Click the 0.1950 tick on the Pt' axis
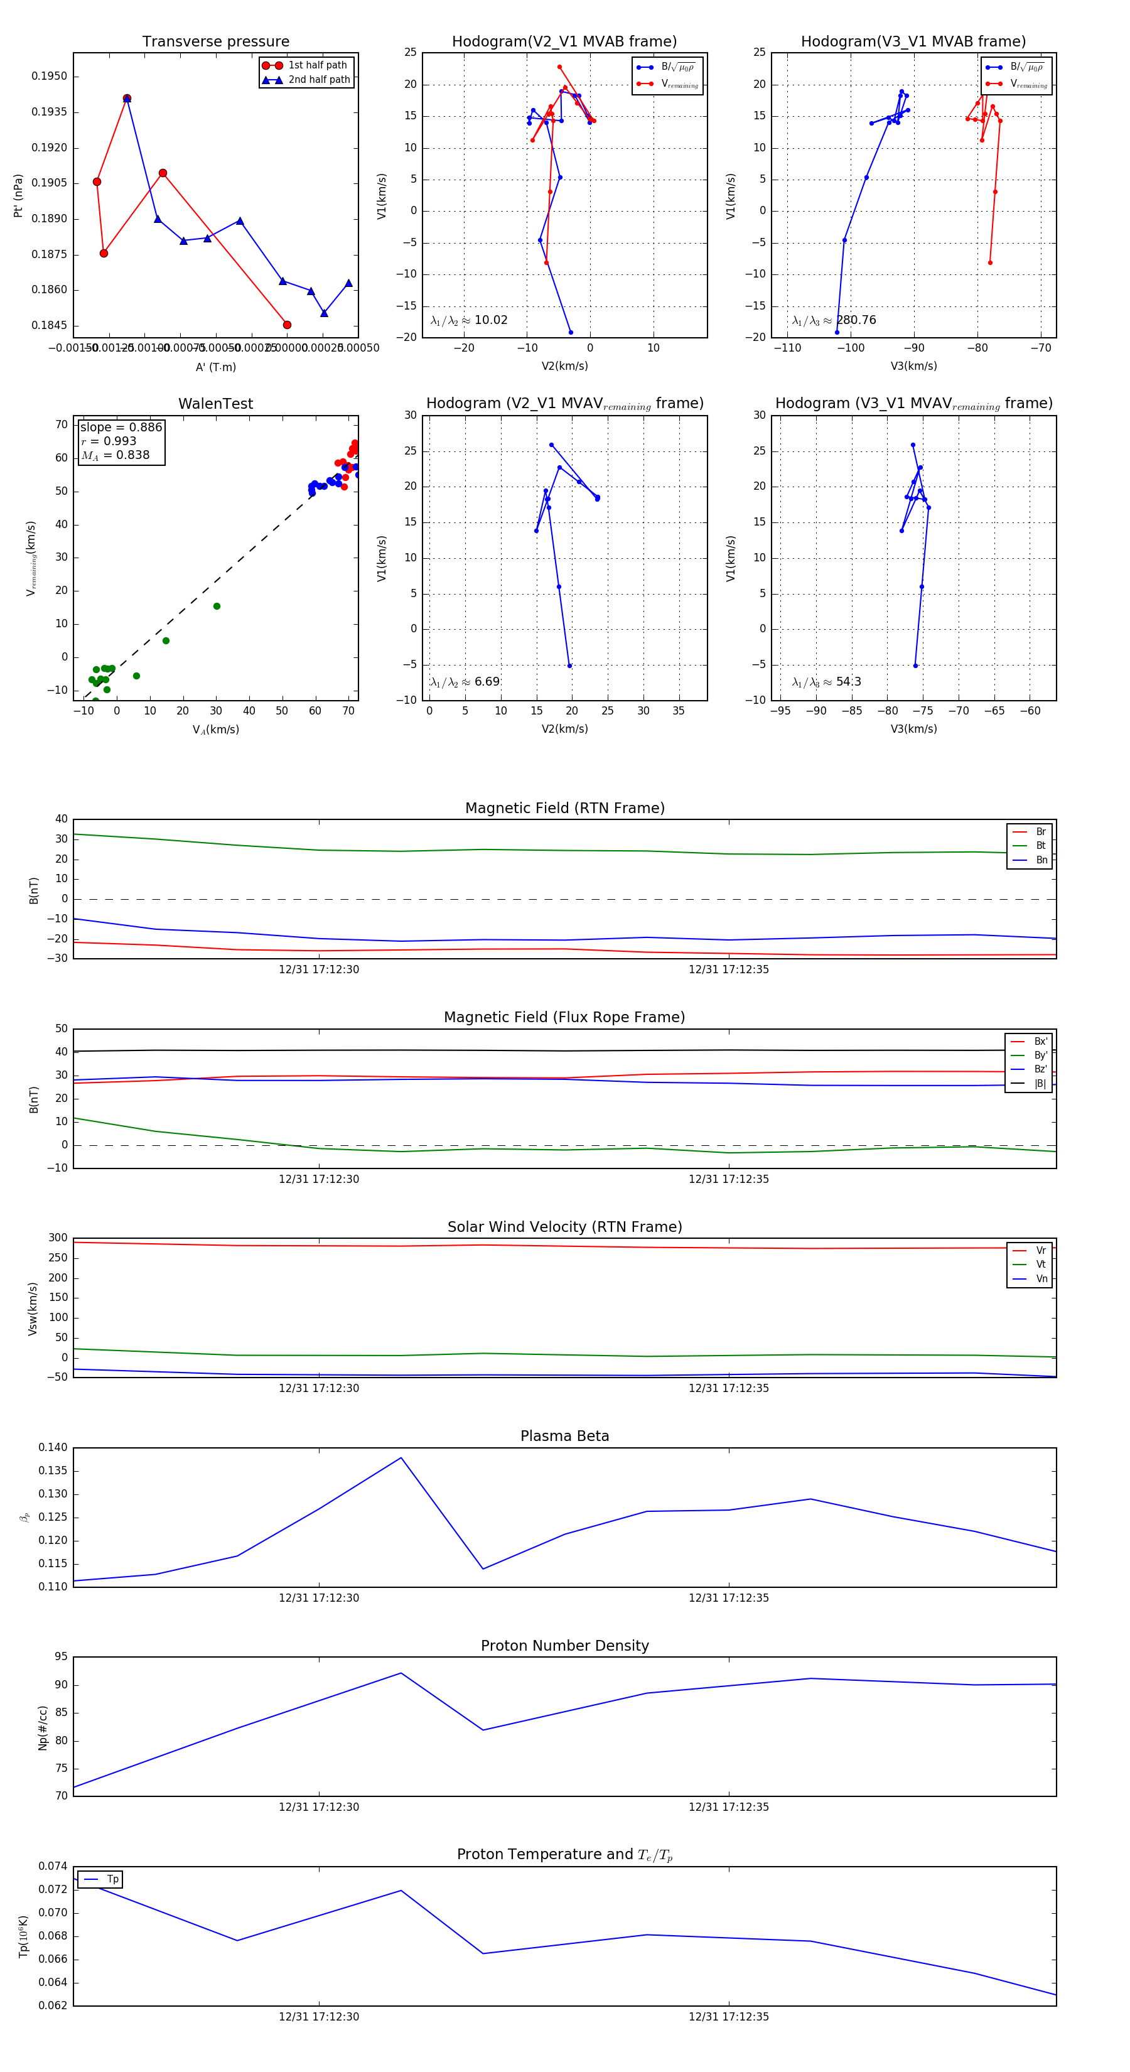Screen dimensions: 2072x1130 tap(49, 77)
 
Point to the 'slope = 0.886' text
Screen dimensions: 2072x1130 tap(121, 427)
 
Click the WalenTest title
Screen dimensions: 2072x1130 tap(215, 404)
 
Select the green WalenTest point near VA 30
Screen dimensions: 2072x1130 tap(217, 607)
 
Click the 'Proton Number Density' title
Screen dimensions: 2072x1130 tap(564, 1646)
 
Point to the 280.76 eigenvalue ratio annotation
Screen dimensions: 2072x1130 tap(856, 320)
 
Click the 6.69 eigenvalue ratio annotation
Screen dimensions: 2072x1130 tap(487, 682)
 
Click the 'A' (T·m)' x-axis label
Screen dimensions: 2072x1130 tap(215, 367)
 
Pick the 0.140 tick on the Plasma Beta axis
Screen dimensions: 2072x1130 tap(53, 1448)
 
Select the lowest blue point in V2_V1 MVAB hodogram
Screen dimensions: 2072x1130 tap(571, 332)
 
